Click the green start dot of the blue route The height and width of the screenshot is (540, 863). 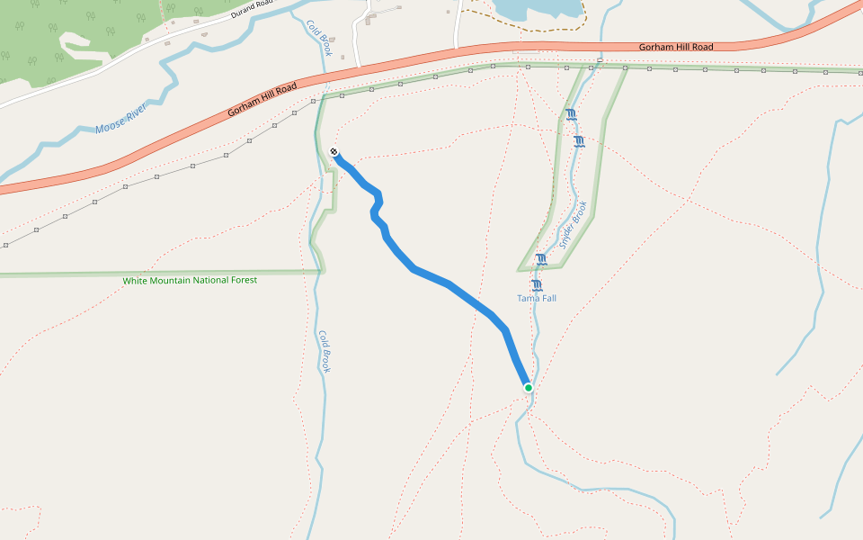(529, 388)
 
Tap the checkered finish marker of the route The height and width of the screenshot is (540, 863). (334, 152)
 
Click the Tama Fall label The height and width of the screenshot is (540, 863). (537, 298)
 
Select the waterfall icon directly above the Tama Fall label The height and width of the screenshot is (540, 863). (537, 285)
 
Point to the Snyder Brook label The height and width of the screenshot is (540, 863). (573, 225)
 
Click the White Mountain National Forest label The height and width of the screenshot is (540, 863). (190, 281)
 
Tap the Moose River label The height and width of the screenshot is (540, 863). (120, 119)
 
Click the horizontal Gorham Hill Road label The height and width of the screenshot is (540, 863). (675, 47)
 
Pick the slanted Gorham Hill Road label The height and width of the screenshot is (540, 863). (262, 99)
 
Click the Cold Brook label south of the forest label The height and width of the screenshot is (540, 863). (325, 351)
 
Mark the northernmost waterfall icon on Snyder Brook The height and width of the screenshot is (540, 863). (571, 114)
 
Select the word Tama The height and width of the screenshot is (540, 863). (527, 298)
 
